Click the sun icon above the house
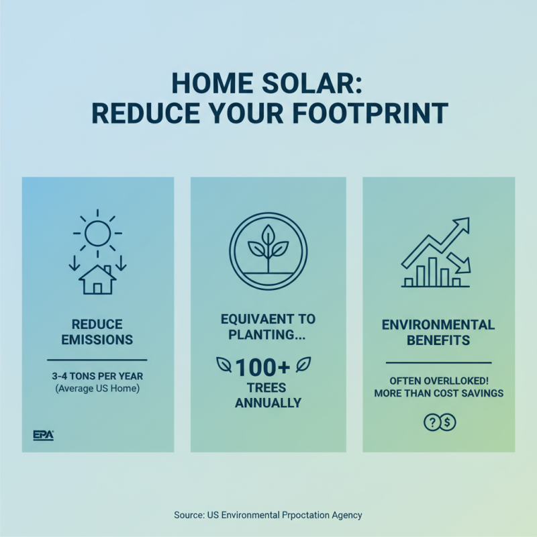pos(97,233)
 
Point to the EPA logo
pos(43,435)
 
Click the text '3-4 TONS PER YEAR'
pos(97,376)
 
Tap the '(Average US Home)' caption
pos(97,389)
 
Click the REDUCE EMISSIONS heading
pos(97,332)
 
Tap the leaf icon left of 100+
pos(224,365)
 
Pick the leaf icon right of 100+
pos(304,364)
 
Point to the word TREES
pos(268,388)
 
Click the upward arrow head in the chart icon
pos(462,226)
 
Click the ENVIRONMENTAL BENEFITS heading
pos(438,332)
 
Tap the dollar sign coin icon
pos(448,422)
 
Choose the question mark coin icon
pos(431,422)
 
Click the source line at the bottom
pos(268,515)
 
